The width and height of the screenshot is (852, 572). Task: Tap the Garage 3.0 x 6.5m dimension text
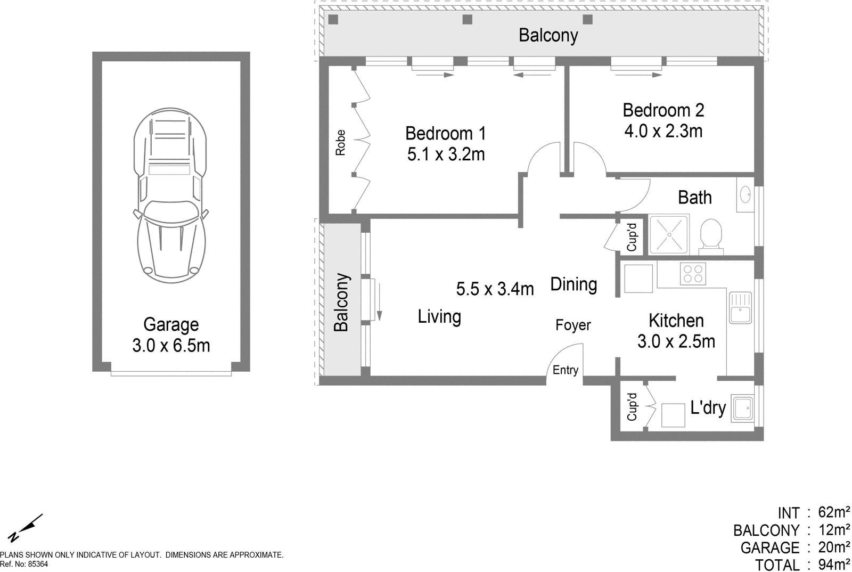(171, 345)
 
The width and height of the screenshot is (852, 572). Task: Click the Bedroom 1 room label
(445, 133)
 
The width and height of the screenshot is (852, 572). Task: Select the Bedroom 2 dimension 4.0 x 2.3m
(663, 131)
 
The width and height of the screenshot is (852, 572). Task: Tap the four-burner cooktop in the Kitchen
(693, 274)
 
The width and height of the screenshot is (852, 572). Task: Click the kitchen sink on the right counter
(740, 308)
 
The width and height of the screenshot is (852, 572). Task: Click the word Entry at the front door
(565, 370)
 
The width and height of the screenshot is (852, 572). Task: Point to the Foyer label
(573, 325)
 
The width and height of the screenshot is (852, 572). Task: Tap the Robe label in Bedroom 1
(340, 143)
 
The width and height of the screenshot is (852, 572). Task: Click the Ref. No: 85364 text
(24, 564)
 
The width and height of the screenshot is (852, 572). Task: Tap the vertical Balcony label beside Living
(341, 303)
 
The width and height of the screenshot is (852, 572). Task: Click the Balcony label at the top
(548, 36)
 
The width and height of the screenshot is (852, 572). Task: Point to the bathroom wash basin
(745, 194)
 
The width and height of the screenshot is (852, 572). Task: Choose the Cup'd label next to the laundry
(632, 407)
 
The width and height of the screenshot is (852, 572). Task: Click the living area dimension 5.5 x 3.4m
(495, 289)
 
